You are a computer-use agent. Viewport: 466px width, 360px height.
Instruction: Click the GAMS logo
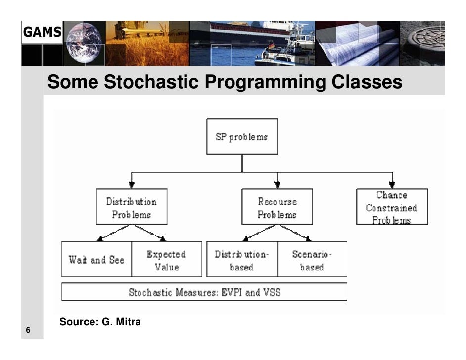point(41,32)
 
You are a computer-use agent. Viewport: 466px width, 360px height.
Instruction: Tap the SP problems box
point(241,137)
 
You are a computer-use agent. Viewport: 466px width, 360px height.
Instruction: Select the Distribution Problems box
point(131,208)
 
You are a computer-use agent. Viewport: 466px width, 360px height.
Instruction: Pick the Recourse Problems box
point(277,208)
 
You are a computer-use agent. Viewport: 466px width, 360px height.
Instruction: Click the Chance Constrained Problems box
point(391,207)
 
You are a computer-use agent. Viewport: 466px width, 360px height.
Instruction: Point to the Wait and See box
point(96,260)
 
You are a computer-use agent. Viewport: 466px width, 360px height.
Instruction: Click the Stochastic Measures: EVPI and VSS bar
point(204,292)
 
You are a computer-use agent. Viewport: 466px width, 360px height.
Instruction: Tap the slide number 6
point(28,330)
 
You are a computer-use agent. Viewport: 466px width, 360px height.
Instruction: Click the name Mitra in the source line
point(128,322)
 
